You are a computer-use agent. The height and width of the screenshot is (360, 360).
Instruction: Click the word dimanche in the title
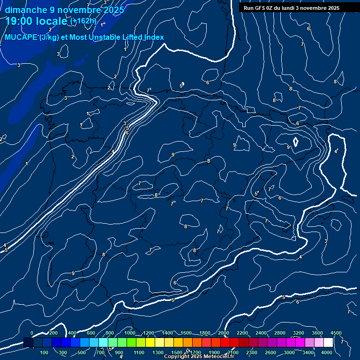[x=26, y=10]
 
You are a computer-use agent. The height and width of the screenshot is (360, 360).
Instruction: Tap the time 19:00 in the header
[x=21, y=21]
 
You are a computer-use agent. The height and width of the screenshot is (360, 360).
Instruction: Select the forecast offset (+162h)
[x=83, y=21]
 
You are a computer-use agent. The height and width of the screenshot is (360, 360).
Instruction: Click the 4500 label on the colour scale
[x=336, y=333]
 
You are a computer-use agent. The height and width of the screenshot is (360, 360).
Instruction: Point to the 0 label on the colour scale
[x=32, y=333]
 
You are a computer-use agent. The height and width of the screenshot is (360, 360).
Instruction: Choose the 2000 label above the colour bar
[x=224, y=333]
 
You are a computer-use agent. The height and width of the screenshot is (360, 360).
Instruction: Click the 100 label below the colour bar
[x=45, y=352]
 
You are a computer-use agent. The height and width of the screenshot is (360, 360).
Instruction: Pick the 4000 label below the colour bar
[x=327, y=352]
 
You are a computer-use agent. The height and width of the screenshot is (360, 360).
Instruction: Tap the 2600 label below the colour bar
[x=270, y=352]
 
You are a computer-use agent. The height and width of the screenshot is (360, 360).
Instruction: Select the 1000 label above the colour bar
[x=130, y=333]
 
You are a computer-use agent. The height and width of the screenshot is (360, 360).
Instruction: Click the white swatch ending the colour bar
[x=328, y=343]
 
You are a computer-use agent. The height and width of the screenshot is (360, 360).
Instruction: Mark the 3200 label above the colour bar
[x=299, y=333]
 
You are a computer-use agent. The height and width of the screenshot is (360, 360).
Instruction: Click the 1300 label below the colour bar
[x=158, y=352]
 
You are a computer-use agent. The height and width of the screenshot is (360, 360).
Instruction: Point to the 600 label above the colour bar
[x=91, y=333]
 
